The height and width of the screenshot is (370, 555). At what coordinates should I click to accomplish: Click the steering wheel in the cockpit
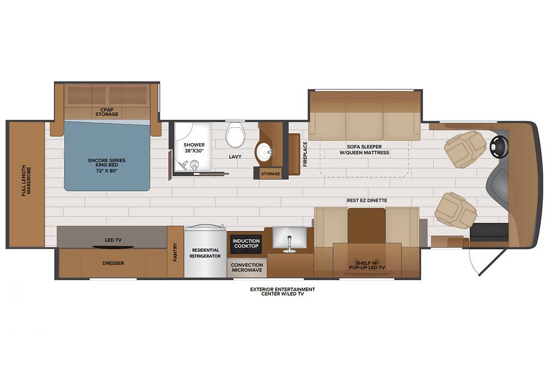click(x=499, y=145)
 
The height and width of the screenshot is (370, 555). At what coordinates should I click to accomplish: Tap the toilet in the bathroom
click(x=235, y=134)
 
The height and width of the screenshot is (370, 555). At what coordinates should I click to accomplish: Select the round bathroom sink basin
click(x=264, y=153)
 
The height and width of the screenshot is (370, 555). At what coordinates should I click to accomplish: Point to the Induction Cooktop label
click(x=246, y=244)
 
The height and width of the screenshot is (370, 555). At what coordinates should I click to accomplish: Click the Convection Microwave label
click(x=247, y=267)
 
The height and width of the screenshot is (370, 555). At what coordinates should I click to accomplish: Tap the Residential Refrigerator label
click(x=205, y=253)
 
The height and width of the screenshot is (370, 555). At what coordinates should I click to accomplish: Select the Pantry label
click(x=175, y=252)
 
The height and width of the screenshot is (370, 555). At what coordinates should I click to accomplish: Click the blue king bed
click(x=107, y=156)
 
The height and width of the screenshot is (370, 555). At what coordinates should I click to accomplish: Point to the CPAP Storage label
click(x=107, y=112)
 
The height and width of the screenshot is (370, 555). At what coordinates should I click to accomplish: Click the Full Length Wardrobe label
click(x=27, y=181)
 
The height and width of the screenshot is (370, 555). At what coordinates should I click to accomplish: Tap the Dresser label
click(x=113, y=263)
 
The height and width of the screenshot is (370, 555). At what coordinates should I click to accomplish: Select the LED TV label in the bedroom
click(x=113, y=240)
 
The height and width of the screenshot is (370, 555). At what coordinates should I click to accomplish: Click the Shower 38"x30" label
click(x=194, y=148)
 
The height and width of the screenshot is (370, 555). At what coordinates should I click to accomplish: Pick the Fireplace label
click(x=305, y=154)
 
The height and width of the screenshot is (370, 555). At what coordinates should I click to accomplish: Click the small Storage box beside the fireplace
click(x=270, y=173)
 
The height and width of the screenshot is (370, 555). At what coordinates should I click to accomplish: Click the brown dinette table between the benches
click(x=367, y=225)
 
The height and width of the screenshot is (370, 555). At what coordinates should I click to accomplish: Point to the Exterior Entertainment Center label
click(x=282, y=291)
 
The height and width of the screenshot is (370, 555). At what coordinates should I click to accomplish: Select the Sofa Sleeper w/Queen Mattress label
click(x=364, y=150)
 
